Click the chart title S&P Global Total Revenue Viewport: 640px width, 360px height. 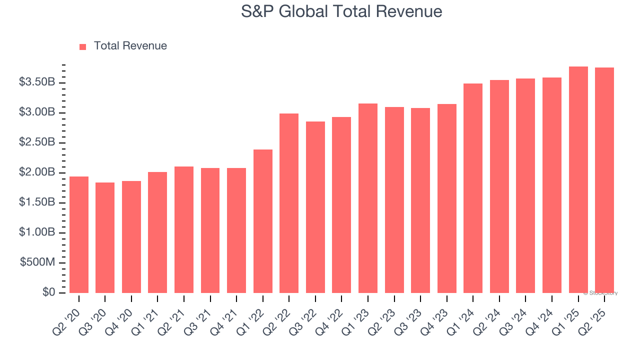[x=341, y=11]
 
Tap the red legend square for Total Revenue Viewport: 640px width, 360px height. [x=83, y=46]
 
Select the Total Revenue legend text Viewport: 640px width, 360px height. [x=130, y=46]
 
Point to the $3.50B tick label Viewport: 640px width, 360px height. [x=36, y=82]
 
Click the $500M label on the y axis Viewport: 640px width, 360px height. [x=37, y=263]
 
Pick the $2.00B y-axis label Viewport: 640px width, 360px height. [x=36, y=172]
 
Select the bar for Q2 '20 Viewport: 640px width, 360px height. [x=79, y=235]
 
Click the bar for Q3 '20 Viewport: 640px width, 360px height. [x=105, y=238]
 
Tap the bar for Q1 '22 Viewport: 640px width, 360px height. [x=263, y=221]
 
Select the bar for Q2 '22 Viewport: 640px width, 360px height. [x=289, y=203]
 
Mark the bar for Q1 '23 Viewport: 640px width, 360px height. [x=368, y=198]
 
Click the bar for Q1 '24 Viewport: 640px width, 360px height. [x=473, y=188]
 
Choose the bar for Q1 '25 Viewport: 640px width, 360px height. [x=578, y=180]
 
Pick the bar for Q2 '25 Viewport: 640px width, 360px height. [x=604, y=180]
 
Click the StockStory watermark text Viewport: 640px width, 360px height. [x=600, y=293]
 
